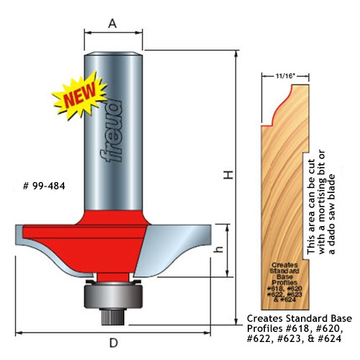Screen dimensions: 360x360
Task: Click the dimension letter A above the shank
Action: click(112, 23)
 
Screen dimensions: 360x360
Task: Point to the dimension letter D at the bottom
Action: click(112, 343)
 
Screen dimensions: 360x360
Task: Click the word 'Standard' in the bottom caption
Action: click(304, 318)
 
